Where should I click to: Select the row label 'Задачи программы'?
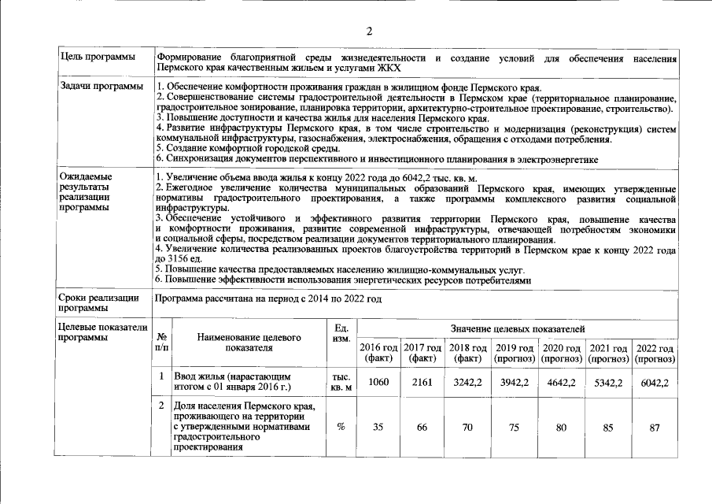point(101,86)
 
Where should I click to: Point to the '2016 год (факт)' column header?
point(378,354)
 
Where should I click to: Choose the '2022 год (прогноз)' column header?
point(655,354)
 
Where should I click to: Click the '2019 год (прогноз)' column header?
point(515,354)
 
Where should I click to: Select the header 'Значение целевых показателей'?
point(517,328)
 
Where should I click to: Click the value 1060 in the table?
point(378,383)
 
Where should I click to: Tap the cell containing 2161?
point(422,383)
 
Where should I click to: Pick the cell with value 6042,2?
point(655,383)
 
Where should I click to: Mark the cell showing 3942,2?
point(515,383)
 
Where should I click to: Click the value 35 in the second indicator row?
point(378,427)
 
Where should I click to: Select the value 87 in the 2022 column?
point(655,427)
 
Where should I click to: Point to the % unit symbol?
point(341,427)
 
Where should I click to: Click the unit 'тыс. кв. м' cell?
point(341,383)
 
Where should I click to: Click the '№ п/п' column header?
point(161,341)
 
